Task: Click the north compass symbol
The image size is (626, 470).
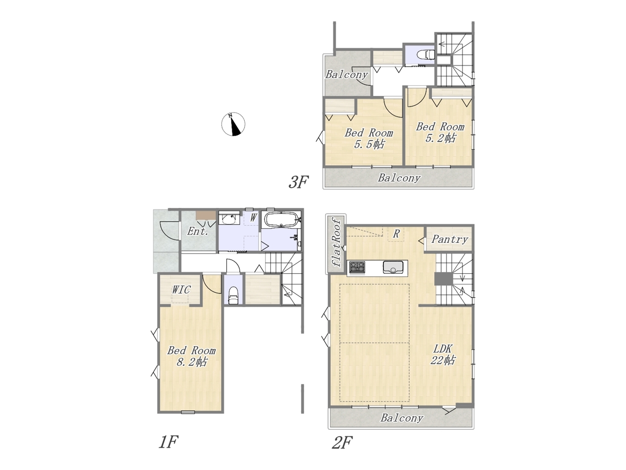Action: (233, 124)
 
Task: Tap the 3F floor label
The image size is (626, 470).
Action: (298, 182)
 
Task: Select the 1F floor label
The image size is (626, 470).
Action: (168, 442)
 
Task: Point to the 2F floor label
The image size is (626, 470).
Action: (342, 443)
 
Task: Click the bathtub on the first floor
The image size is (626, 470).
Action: (282, 220)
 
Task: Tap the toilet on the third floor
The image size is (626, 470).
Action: (426, 54)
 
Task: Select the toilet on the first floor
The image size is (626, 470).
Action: (233, 295)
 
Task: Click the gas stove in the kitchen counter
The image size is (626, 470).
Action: (357, 268)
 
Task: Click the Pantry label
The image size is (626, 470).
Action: (449, 239)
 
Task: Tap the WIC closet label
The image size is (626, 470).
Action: (181, 290)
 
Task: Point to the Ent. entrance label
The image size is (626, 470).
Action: (198, 231)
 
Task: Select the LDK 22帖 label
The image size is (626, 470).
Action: (443, 354)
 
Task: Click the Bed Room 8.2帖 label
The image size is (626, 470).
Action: (191, 356)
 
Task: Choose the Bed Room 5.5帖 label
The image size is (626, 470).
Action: (369, 139)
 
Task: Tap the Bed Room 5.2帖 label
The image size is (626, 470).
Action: (440, 132)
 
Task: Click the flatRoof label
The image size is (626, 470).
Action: (337, 242)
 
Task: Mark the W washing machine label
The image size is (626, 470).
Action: (253, 218)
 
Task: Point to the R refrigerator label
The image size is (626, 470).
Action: (396, 234)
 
